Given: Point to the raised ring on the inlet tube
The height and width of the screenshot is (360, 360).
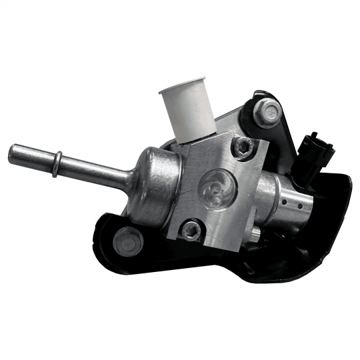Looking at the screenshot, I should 58,159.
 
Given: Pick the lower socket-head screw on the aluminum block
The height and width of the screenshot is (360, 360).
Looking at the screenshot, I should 193,231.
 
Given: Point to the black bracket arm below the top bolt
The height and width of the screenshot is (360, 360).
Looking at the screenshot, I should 283,143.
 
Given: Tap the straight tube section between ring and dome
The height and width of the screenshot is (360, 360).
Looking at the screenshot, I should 93,167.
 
